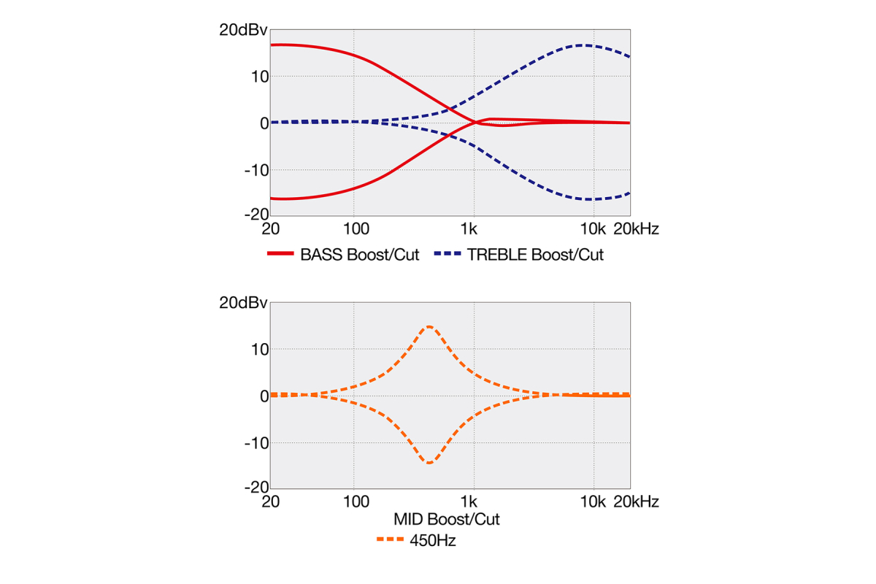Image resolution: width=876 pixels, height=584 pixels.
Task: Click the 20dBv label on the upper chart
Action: [x=244, y=31]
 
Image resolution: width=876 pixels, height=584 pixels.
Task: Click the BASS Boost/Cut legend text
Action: [x=360, y=255]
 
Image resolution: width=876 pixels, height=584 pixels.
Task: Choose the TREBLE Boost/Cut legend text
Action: [x=536, y=255]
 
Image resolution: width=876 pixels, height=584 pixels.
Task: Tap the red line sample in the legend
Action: [x=280, y=255]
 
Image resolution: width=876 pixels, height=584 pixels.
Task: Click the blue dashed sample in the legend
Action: [x=447, y=255]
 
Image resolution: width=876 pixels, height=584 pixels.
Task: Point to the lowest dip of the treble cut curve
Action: [x=588, y=199]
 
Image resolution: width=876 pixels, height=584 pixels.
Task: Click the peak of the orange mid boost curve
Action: [x=429, y=326]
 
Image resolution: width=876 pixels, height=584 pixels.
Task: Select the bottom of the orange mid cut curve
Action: [x=429, y=463]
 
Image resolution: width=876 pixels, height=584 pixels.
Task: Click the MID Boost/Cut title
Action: [x=447, y=520]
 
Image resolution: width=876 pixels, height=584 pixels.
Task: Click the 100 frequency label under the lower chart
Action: [x=356, y=502]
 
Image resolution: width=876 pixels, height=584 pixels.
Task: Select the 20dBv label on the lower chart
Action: [x=244, y=303]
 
